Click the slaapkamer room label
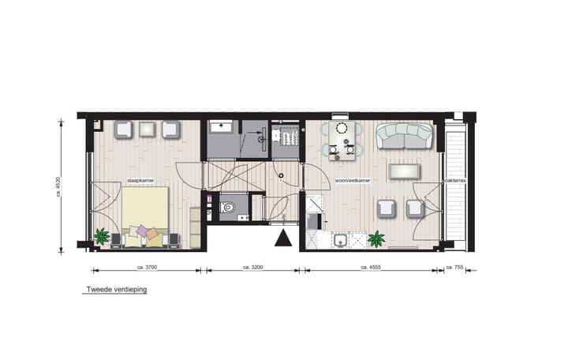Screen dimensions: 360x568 pos(139,181)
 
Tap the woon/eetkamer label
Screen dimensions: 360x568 pos(353,181)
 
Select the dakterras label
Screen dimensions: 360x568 pos(454,181)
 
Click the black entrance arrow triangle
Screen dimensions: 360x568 pos(282,238)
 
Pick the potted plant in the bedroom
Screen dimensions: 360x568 pos(101,235)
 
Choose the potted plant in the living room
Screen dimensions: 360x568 pos(377,238)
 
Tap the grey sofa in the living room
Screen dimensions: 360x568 pos(403,136)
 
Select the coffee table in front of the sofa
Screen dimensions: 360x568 pos(407,171)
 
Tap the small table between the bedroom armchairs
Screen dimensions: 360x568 pos(148,129)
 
